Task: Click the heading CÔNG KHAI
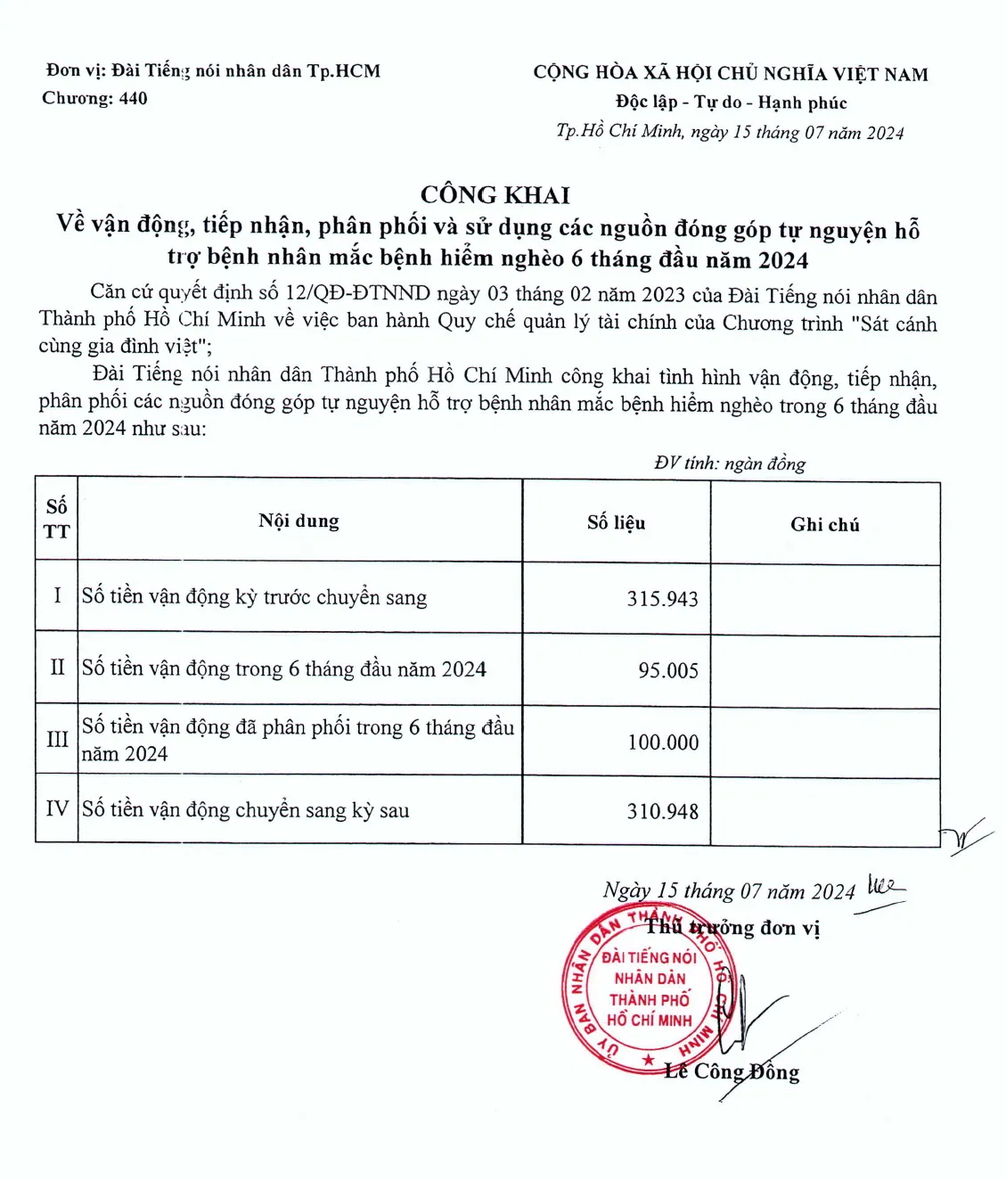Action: click(495, 194)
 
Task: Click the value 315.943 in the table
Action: click(662, 599)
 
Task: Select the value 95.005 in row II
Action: click(667, 670)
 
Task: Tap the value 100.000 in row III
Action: click(663, 742)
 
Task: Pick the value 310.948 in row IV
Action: click(662, 811)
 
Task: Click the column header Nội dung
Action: click(299, 521)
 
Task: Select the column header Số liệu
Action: click(616, 522)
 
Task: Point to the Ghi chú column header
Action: click(824, 525)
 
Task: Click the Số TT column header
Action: click(56, 519)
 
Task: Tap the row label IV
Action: click(57, 808)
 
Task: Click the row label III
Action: click(57, 739)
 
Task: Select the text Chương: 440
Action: click(94, 98)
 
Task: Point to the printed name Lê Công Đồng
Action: click(732, 1071)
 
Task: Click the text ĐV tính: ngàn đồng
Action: click(729, 463)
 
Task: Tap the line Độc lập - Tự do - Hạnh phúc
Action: click(731, 103)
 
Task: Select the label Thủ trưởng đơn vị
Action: click(732, 928)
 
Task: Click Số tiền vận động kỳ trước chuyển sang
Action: click(254, 596)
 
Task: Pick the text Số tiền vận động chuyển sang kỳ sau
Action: click(245, 809)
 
